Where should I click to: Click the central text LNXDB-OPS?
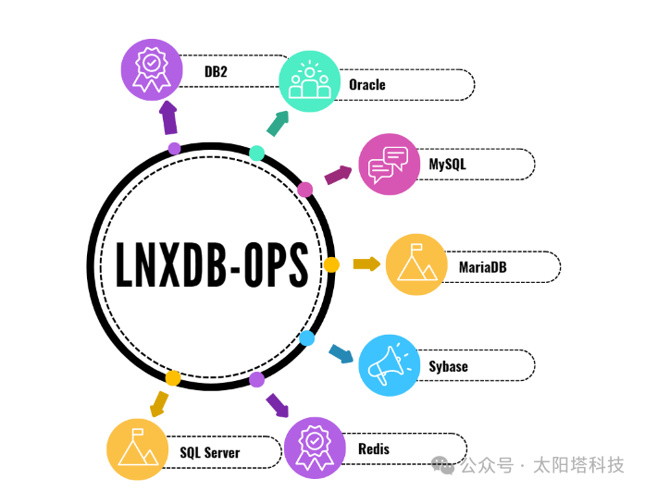212,265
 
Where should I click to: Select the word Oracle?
366,85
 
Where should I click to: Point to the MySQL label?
447,165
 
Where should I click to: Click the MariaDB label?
482,267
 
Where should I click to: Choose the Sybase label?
448,366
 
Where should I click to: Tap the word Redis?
373,449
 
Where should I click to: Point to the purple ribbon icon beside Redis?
315,448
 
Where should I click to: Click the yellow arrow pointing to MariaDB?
366,264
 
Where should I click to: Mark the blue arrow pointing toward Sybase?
341,354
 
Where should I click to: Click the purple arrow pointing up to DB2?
168,117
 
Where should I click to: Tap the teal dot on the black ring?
257,153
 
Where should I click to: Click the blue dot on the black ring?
307,338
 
